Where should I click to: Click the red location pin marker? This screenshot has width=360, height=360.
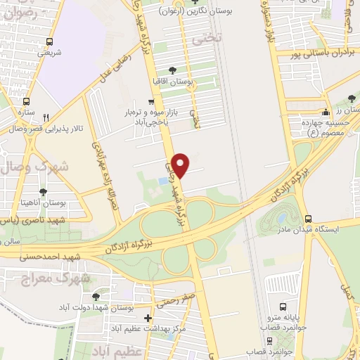[x=181, y=165]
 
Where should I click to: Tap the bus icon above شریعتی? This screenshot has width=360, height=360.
[x=49, y=41]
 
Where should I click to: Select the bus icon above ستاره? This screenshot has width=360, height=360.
[x=27, y=101]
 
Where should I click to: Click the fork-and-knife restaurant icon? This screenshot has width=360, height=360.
[x=46, y=117]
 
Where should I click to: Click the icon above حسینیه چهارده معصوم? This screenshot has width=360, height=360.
[x=325, y=112]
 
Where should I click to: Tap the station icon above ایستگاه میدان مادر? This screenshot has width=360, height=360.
[x=318, y=219]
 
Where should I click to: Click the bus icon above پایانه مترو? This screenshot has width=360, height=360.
[x=283, y=307]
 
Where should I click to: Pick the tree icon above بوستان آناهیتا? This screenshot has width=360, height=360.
[x=44, y=191]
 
